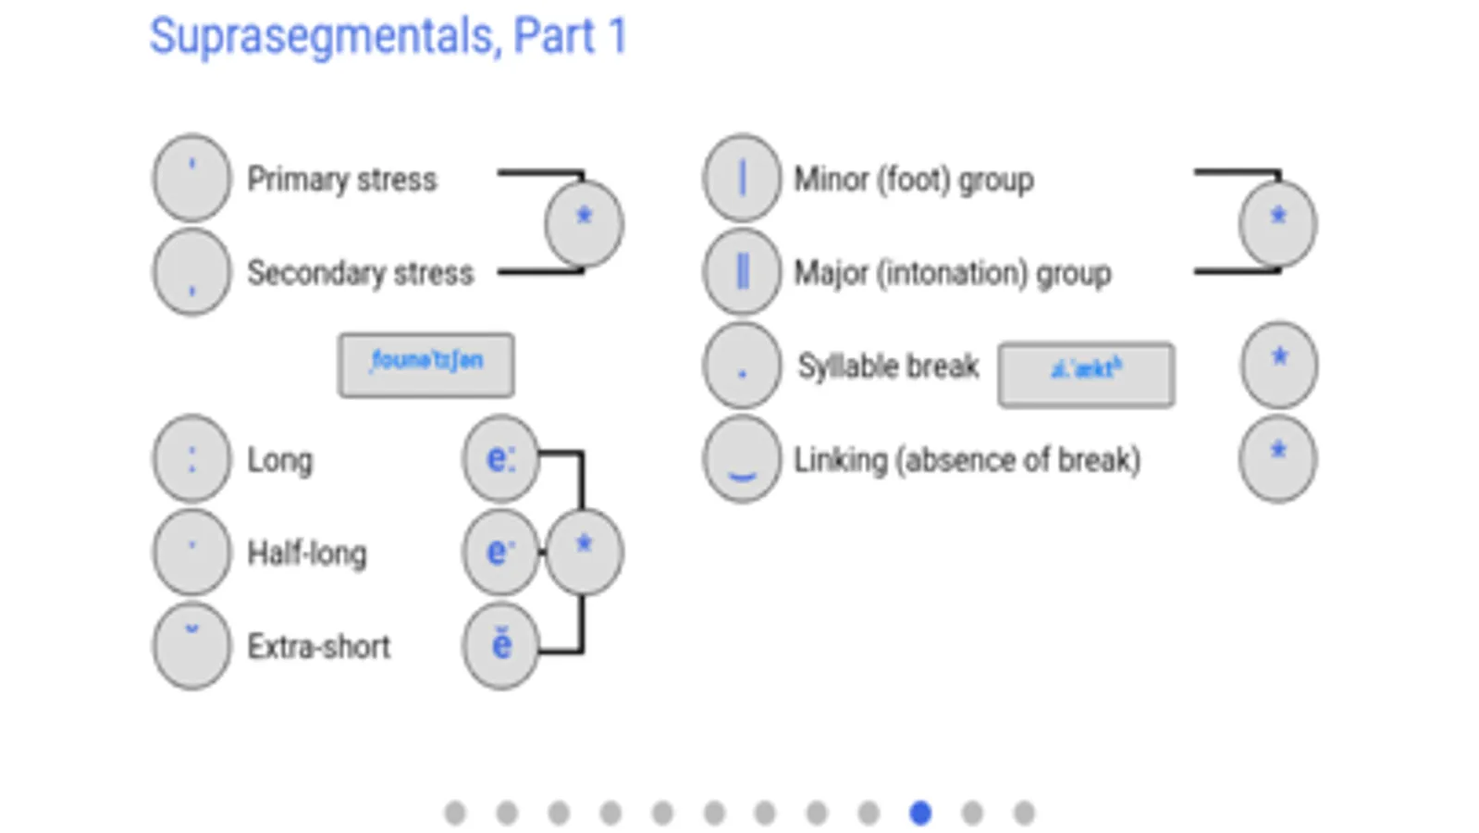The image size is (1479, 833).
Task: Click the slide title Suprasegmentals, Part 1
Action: pos(388,37)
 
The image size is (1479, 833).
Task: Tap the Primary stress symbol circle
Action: pos(191,178)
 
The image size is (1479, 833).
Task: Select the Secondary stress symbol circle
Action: pos(191,272)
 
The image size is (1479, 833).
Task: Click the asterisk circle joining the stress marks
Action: pos(584,223)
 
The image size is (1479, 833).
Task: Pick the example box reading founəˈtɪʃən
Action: pos(425,365)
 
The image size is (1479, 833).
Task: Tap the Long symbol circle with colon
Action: pos(191,459)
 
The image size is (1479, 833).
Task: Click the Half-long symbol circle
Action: pos(191,553)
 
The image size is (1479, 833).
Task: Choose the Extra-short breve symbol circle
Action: pos(191,646)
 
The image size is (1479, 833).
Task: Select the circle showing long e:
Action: pos(500,459)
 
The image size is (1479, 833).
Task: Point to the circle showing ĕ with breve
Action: pos(500,646)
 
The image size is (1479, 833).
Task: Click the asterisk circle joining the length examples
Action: pos(584,552)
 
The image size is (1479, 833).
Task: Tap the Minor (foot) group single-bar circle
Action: pos(742,178)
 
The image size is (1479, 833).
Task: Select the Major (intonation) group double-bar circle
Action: pos(742,272)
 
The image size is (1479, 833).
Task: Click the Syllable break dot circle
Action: pos(742,367)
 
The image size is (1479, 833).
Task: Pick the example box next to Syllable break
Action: pos(1086,374)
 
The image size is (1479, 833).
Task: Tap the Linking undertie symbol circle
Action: pos(742,459)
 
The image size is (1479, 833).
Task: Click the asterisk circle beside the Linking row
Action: pos(1277,459)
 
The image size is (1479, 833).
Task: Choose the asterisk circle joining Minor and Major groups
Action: pos(1277,223)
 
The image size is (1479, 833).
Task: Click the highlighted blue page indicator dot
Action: pos(919,813)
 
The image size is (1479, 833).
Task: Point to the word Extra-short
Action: pos(318,646)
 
